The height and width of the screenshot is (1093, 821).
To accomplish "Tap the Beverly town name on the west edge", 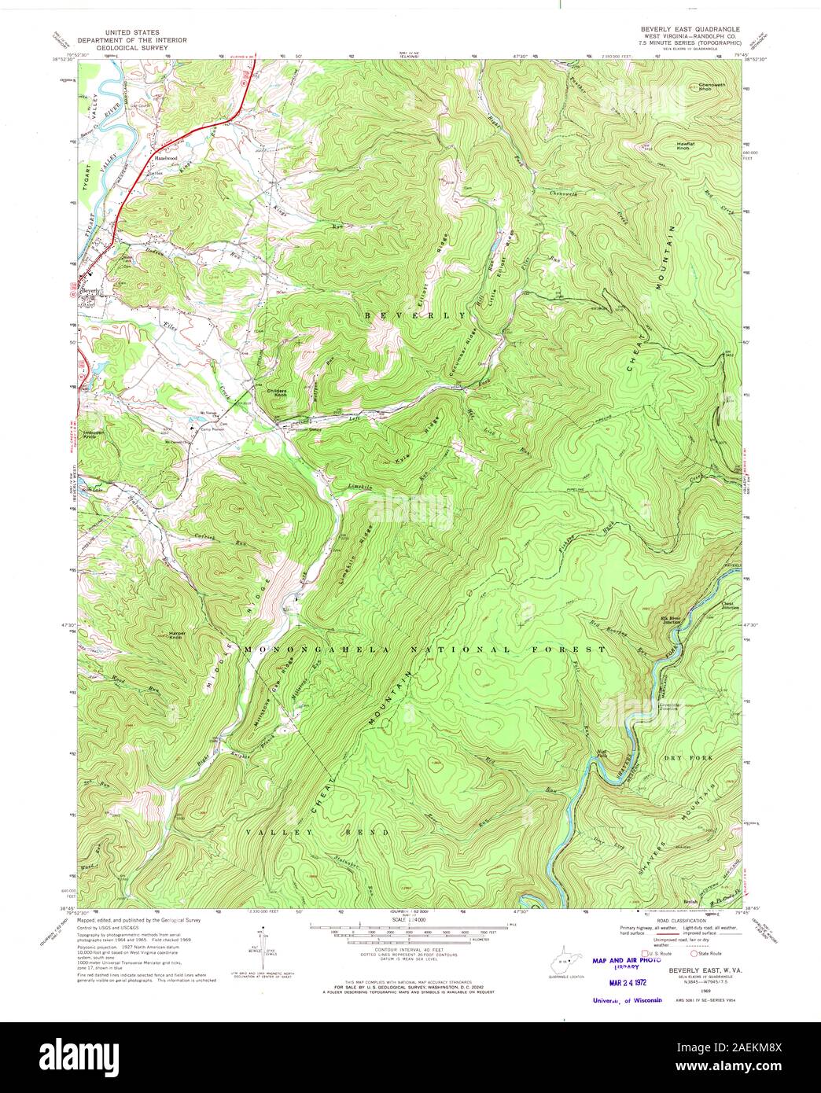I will coord(91,291).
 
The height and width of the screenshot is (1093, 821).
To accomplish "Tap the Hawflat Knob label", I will coord(687,145).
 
